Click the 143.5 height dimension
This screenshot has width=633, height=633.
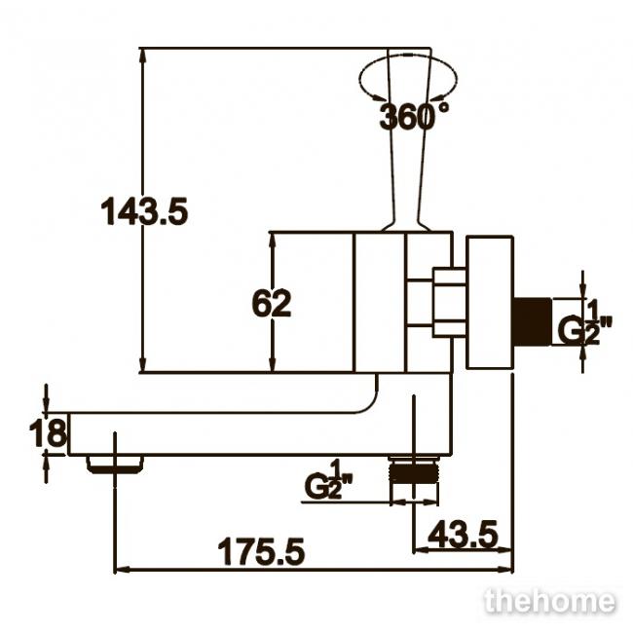point(144,210)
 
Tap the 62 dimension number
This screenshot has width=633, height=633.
point(272,303)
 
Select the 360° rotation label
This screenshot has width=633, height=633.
point(413,116)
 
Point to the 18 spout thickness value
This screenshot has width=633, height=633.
point(48,432)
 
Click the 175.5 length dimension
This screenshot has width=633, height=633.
point(261,551)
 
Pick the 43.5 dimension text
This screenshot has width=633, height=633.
point(463,534)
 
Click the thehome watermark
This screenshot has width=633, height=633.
point(550,602)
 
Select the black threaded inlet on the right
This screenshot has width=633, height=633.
point(532,321)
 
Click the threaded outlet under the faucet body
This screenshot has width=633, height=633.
point(413,470)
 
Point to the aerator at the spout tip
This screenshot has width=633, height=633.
point(115,465)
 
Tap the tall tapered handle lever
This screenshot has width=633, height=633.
point(409,139)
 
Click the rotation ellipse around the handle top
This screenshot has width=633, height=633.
point(408,56)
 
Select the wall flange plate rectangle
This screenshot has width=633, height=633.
point(490,303)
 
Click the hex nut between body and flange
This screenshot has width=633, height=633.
point(449,302)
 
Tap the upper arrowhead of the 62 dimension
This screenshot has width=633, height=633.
point(273,239)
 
